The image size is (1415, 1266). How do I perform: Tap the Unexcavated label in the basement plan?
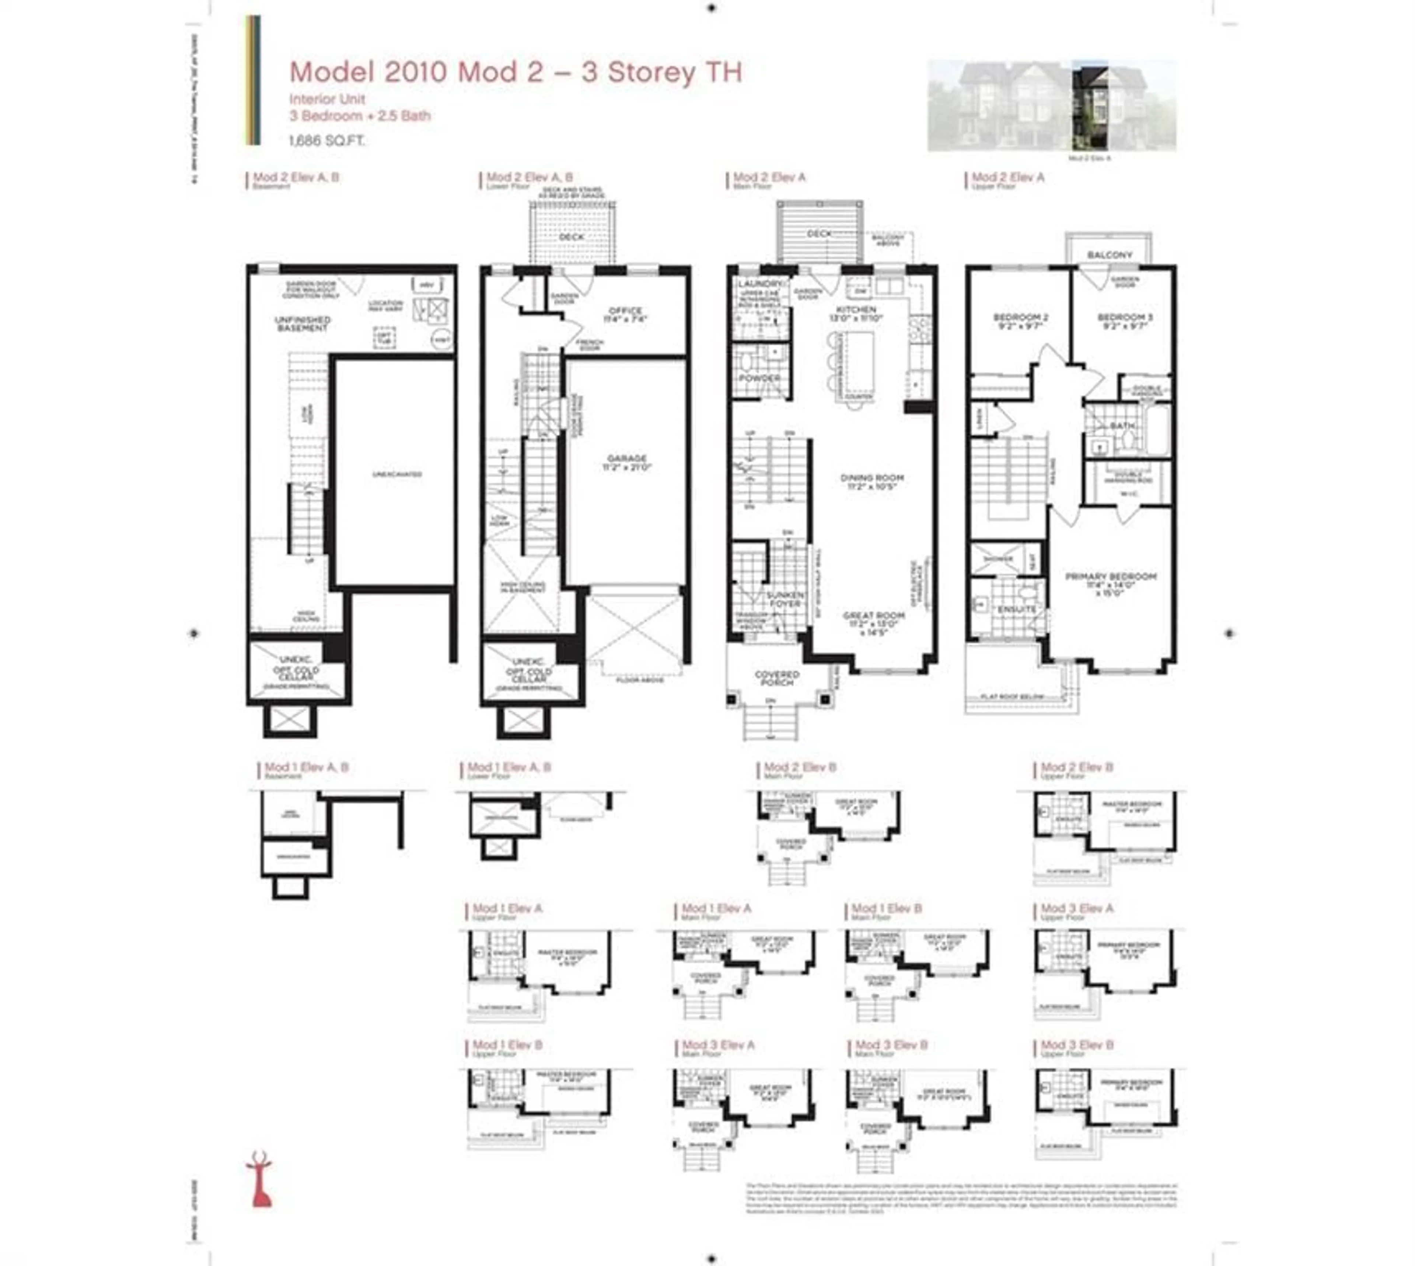397,474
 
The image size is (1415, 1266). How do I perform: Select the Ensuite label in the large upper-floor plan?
1017,609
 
